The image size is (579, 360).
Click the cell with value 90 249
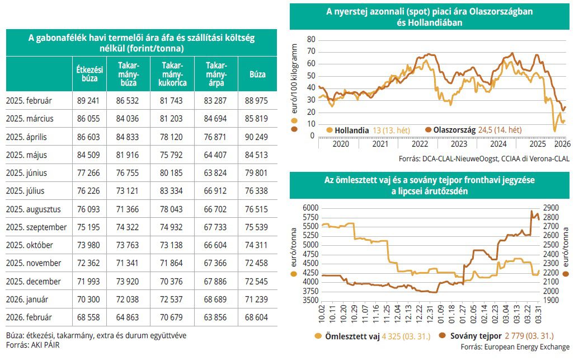click(256, 137)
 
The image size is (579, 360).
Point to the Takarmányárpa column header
click(215, 74)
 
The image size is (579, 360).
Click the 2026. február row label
click(29, 317)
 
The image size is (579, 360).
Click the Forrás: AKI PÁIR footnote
click(33, 345)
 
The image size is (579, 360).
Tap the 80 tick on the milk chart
click(311, 40)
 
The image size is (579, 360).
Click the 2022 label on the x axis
click(420, 143)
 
